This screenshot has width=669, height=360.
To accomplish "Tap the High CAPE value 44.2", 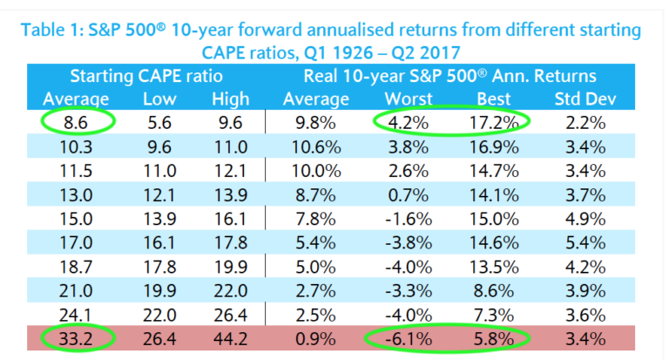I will click(x=230, y=335).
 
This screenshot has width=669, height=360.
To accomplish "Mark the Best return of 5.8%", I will click(x=493, y=335).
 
